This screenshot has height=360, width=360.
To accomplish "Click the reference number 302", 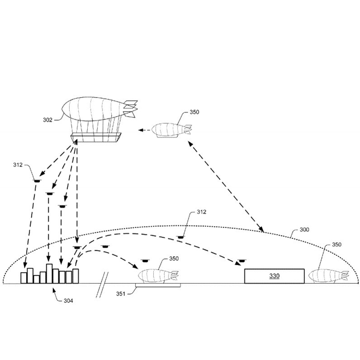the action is tap(47, 120).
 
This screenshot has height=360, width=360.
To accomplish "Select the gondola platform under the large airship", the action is tap(96, 137).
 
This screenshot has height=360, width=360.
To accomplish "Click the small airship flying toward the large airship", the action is tap(172, 130).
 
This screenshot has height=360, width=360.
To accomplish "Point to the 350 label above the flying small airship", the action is tap(195, 112).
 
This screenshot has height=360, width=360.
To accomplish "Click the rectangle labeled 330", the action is tap(274, 276).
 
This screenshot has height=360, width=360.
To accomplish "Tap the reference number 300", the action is tap(304, 230).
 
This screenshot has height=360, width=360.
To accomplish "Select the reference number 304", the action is tap(68, 301).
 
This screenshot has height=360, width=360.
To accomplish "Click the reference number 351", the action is tap(121, 293).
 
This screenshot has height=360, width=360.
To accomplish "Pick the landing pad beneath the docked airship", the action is tap(158, 285).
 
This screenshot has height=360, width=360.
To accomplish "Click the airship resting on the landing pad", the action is tap(158, 276).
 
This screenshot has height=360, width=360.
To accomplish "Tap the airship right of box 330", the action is tap(328, 276).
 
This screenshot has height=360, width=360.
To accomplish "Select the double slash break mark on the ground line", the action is tap(102, 285).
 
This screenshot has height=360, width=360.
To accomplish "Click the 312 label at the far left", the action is tap(18, 165).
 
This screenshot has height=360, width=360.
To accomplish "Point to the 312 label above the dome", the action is tap(202, 212).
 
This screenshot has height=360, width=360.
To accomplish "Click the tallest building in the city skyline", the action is tap(49, 274).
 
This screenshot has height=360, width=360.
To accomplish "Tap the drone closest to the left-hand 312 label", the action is tap(37, 181).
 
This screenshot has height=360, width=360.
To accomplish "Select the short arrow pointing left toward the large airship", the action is tap(144, 130).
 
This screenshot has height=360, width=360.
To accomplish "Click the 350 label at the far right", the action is tap(337, 244).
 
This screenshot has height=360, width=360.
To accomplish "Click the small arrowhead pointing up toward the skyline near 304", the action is tap(54, 291).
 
